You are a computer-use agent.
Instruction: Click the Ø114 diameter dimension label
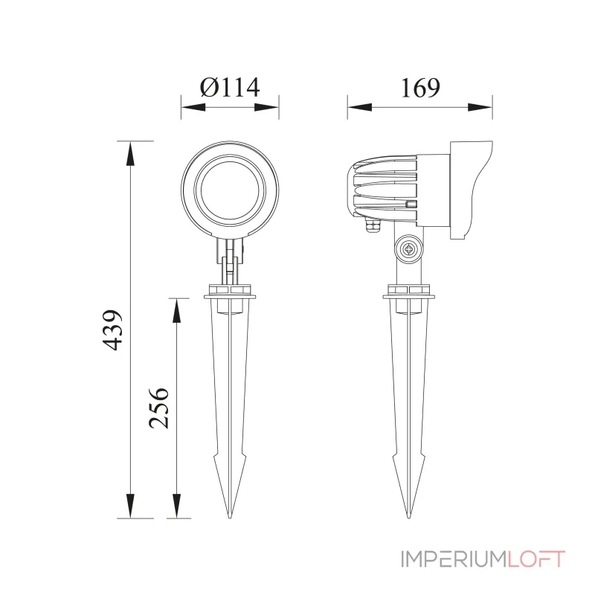point(230,87)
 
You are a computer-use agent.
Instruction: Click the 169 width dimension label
point(419,87)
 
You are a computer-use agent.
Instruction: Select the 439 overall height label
point(112,329)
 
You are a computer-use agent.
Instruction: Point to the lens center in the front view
point(230,188)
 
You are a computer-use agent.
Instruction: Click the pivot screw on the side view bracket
point(408,250)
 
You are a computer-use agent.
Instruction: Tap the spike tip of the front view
point(231,515)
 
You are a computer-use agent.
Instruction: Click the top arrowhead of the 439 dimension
point(131,152)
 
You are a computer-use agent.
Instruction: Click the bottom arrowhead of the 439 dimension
point(131,506)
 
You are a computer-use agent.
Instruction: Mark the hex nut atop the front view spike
point(231,289)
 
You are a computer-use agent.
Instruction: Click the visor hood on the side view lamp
point(469,186)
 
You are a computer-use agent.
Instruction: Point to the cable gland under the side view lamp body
point(373,223)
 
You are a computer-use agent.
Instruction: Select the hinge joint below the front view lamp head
point(231,257)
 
